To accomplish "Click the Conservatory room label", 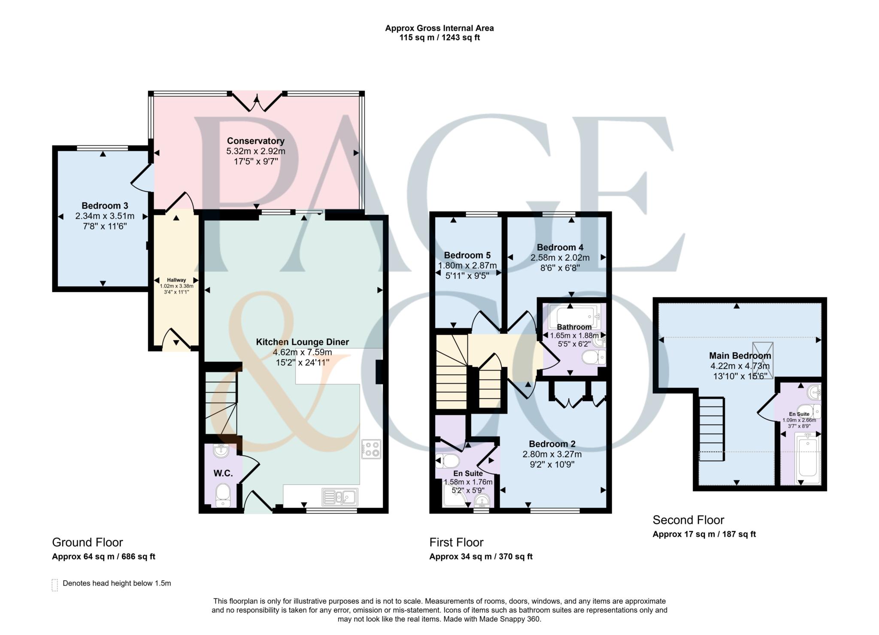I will point(255,141).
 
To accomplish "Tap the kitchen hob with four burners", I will point(371,449).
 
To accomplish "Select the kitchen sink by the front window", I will point(340,497).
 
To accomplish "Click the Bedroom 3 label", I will point(105,206).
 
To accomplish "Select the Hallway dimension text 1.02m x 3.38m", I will point(176,286).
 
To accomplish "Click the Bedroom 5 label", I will point(467,255).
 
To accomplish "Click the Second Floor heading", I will point(688,520).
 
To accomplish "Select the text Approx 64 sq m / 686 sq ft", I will point(103,557).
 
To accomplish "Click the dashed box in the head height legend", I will point(55,585).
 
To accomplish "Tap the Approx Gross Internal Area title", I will point(439,28).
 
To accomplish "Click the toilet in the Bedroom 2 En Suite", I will point(449,462).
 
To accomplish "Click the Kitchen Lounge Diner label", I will point(302,342).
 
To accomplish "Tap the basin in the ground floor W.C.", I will point(221,451).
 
